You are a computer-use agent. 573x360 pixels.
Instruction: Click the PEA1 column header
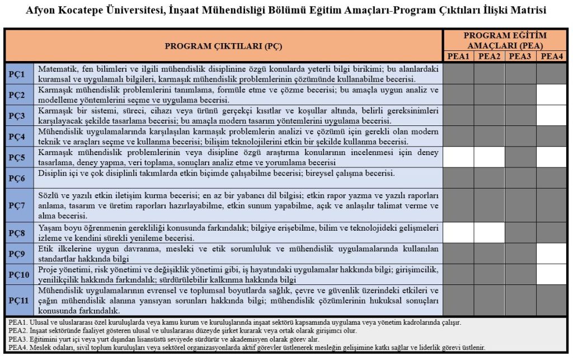458,56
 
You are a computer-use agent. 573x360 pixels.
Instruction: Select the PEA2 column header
490,56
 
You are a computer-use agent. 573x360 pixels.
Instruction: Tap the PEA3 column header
520,56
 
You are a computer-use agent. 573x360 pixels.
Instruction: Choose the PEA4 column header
552,56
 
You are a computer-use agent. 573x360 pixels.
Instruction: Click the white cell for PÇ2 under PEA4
552,95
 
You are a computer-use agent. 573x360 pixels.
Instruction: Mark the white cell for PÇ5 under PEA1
458,157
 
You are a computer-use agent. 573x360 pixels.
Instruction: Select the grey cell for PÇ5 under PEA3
520,157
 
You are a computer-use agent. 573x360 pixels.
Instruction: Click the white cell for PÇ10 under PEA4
552,274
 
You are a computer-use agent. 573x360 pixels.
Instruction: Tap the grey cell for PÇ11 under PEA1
458,300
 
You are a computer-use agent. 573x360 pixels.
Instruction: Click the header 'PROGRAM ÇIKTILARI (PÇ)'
223,45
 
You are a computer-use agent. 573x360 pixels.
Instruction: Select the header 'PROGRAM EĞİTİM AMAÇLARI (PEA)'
505,40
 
